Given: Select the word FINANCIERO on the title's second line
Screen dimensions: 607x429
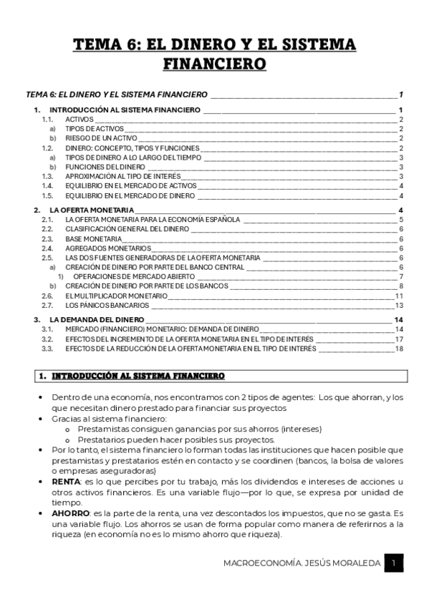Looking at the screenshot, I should (x=215, y=65).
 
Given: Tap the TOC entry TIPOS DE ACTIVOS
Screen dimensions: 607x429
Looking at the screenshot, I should (x=93, y=128).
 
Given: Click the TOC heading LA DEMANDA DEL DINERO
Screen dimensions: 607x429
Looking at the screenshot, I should (x=97, y=319).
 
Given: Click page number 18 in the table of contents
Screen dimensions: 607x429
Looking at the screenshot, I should (x=400, y=349).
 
